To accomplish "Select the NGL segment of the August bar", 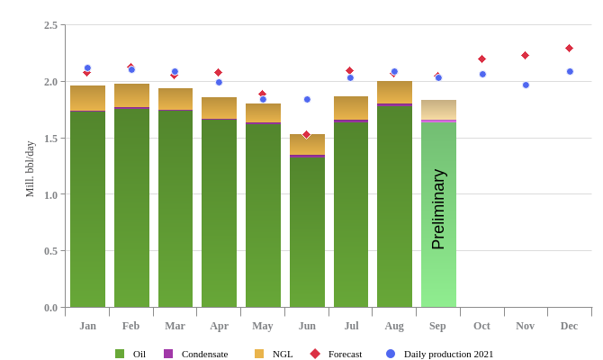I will (x=394, y=92).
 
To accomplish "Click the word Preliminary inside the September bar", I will (x=438, y=209).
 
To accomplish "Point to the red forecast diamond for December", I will (x=569, y=48).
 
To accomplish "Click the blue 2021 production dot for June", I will (x=307, y=99).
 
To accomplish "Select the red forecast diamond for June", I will (x=306, y=134).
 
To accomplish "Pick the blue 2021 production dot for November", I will (x=526, y=85).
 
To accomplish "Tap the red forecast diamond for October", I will (x=481, y=58).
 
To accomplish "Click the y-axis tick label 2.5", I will (x=50, y=25).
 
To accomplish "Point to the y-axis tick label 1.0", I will (x=50, y=194).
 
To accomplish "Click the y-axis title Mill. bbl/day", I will (x=30, y=169).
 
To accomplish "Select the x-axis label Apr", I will (x=219, y=326).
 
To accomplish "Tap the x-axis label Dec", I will (x=569, y=326).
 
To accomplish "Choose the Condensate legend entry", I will (x=195, y=354).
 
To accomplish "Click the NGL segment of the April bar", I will (x=219, y=107).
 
